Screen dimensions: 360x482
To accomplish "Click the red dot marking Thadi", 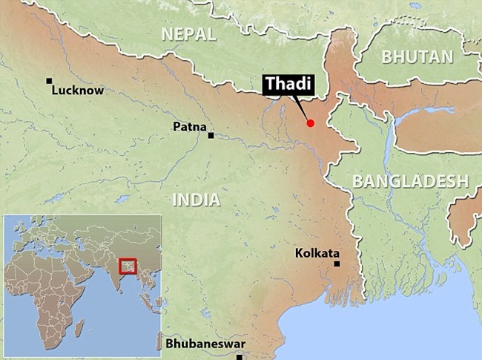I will pos(311,123).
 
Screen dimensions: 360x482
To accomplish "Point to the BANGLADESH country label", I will pos(410,180).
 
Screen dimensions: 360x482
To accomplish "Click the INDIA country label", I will pos(196,199).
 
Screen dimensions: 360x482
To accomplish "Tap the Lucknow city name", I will pos(78,91).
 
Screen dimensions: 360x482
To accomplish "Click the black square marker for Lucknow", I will pos(49,80).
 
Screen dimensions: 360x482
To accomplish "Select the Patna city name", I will pos(189,127).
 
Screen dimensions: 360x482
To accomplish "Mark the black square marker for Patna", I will pos(211,135).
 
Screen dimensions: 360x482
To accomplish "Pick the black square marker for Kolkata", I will pos(337,263).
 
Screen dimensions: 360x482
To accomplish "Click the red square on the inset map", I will pos(128,265).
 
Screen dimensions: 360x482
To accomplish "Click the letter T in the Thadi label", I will pos(269,85).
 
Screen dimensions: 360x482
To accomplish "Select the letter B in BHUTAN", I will pos(386,57).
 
